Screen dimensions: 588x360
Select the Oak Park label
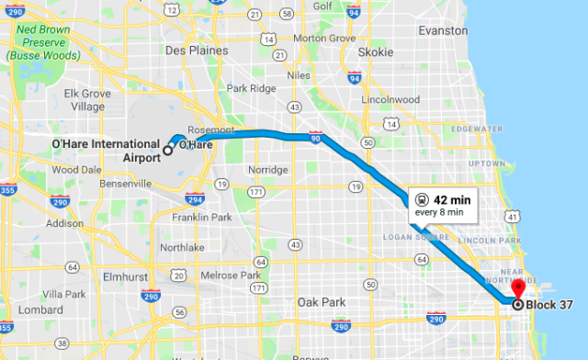pyautogui.click(x=320, y=302)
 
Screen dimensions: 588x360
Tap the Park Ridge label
pyautogui.click(x=251, y=89)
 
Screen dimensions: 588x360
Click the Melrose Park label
pyautogui.click(x=232, y=276)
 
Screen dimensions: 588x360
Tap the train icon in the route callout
pyautogui.click(x=421, y=198)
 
